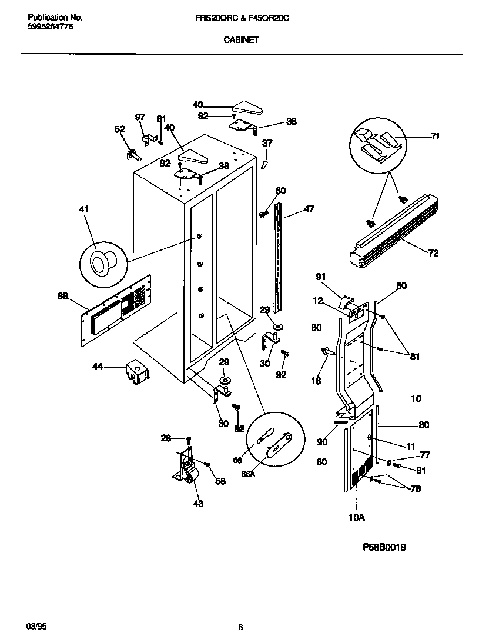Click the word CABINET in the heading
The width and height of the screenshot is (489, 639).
241,41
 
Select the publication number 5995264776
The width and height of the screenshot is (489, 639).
51,27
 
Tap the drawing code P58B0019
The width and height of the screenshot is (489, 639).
384,547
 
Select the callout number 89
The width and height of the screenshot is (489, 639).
63,297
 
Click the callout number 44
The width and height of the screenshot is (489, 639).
98,367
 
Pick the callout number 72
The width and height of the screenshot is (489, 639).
433,254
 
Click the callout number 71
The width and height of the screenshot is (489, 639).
435,136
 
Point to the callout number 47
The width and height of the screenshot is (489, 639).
309,209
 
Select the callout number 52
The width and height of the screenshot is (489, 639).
119,129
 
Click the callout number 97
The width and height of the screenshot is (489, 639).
140,118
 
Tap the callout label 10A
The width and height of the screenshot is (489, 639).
357,517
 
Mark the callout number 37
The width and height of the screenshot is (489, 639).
267,143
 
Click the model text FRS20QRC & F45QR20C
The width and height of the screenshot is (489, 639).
242,19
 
